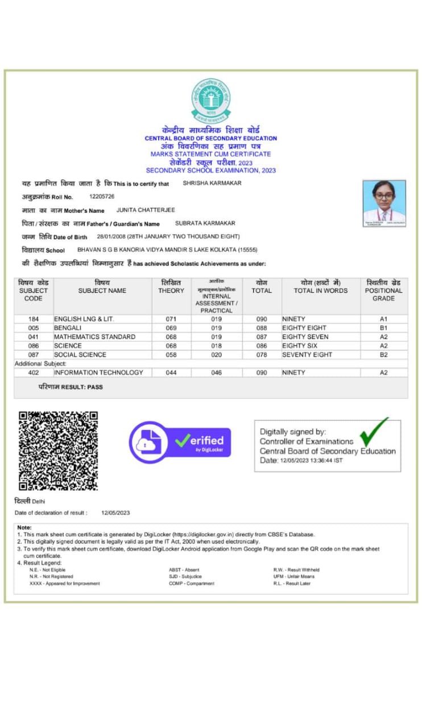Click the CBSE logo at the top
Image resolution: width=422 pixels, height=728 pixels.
[x=210, y=100]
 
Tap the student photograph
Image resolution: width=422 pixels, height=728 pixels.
[x=384, y=204]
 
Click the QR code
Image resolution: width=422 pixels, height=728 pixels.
[x=58, y=450]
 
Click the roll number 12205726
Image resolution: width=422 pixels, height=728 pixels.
[x=102, y=196]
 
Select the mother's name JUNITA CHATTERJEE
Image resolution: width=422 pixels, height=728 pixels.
[x=146, y=210]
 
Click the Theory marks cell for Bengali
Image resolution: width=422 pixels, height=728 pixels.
[x=171, y=328]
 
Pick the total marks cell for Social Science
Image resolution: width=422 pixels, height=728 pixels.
[x=262, y=355]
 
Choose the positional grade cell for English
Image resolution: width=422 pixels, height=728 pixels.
[x=383, y=320]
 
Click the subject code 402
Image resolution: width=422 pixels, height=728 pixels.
[x=34, y=373]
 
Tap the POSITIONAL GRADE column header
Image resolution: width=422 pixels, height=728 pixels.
[x=383, y=291]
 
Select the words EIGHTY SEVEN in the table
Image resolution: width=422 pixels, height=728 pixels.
[x=305, y=337]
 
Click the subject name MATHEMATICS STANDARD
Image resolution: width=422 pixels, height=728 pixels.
[x=94, y=337]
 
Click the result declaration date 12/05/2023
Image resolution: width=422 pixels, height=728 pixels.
[x=115, y=513]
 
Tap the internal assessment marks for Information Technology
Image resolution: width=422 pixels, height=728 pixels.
[x=216, y=373]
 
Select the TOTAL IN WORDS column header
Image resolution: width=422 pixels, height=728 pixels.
[x=320, y=287]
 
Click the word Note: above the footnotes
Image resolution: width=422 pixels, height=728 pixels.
[x=24, y=528]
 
